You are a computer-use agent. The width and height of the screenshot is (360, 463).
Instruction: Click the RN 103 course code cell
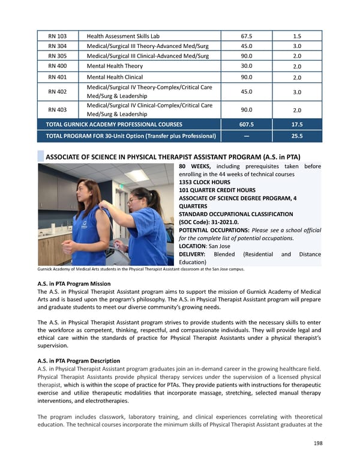click(x=57, y=36)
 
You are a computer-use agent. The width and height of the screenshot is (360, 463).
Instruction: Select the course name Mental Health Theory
click(x=115, y=66)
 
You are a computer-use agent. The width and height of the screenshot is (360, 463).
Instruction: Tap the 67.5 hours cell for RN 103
click(x=246, y=36)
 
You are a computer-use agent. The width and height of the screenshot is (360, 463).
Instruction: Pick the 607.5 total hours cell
click(x=246, y=124)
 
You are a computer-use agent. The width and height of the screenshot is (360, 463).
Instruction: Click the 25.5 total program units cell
click(x=296, y=136)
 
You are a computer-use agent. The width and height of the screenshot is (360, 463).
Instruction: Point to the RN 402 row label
click(x=57, y=92)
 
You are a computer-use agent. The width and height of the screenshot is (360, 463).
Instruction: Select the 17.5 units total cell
click(x=296, y=124)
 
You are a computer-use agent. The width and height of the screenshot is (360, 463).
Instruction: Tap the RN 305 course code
click(x=57, y=56)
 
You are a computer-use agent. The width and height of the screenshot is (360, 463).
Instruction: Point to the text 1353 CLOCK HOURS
click(x=205, y=182)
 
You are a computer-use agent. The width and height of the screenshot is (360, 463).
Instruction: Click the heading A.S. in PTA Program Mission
click(x=74, y=284)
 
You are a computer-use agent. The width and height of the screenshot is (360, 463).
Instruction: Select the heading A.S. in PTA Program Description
click(x=79, y=361)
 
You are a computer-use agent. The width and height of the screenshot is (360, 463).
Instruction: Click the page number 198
click(x=317, y=444)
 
